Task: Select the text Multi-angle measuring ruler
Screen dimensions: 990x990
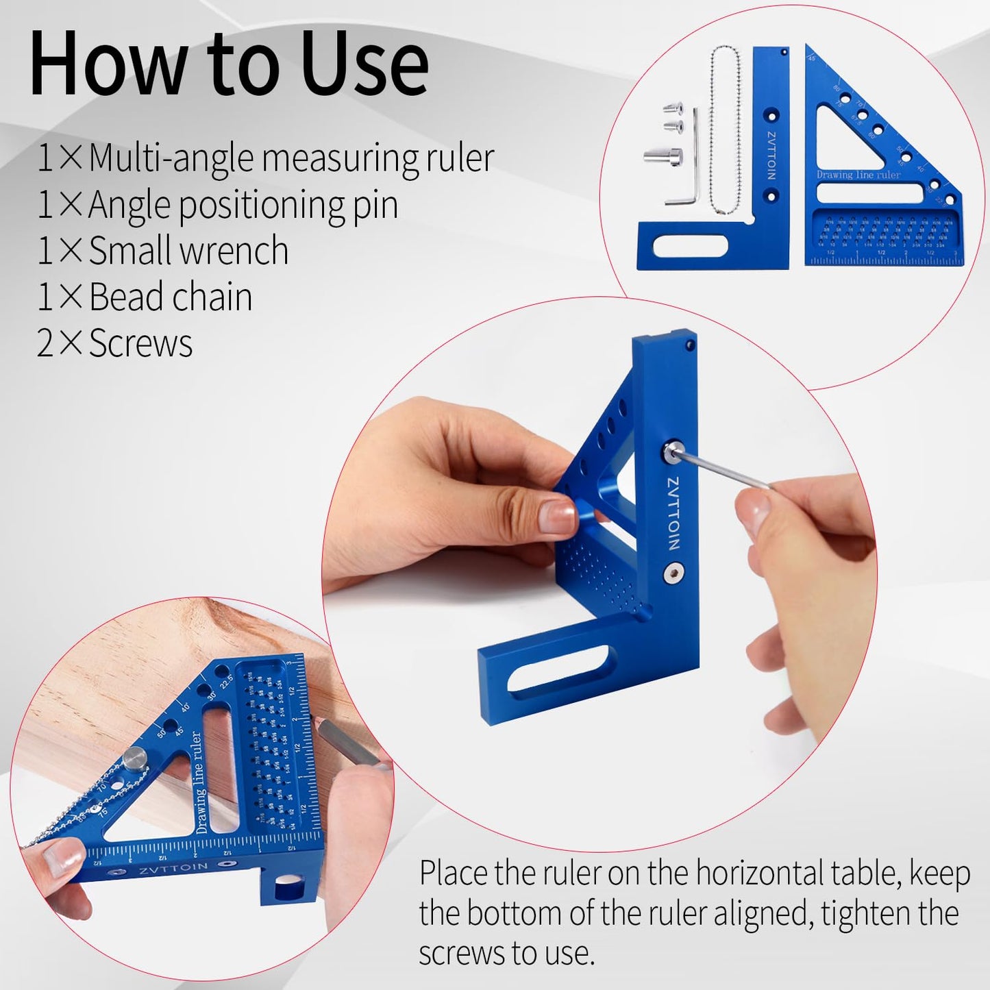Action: click(291, 158)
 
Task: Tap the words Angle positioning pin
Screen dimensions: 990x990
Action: click(243, 205)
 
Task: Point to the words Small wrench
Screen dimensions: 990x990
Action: click(188, 251)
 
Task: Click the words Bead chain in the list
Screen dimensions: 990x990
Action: click(171, 297)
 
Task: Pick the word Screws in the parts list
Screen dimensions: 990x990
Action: click(140, 343)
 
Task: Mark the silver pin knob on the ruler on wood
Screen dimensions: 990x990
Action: click(135, 758)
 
